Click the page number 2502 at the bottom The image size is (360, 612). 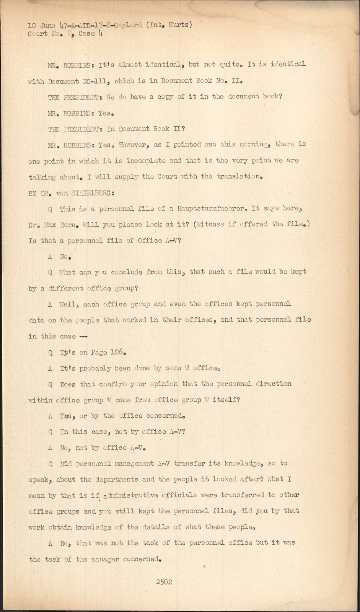coord(164,582)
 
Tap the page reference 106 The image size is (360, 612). coord(117,352)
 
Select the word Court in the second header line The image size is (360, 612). coord(38,34)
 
